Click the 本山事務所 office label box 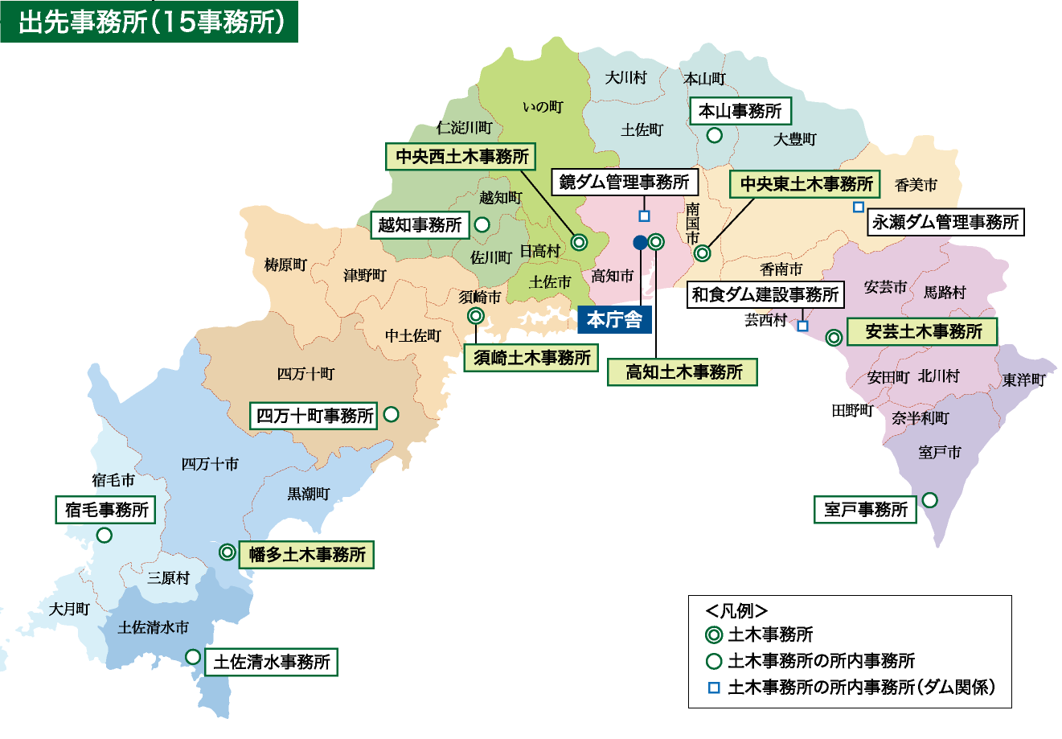point(740,111)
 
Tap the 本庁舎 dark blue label point(614,320)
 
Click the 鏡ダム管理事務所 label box point(625,183)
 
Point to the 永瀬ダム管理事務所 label point(945,222)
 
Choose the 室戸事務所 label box point(865,509)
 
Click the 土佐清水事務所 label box point(272,663)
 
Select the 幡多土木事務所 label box point(307,555)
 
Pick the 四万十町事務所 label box point(314,416)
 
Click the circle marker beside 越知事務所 point(482,225)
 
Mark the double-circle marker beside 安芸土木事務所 point(834,338)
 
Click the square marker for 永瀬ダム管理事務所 point(859,207)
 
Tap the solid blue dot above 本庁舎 point(640,242)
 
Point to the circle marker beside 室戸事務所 point(929,500)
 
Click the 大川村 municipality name point(625,78)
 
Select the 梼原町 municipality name point(285,265)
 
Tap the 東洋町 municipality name point(1023,380)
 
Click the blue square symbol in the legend point(713,688)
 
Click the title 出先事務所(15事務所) point(150,22)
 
